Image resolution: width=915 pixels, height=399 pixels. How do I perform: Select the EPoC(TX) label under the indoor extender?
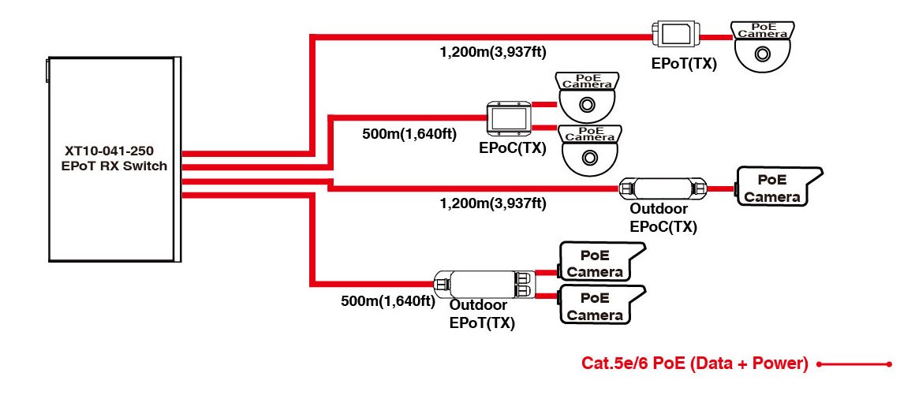pyautogui.click(x=512, y=147)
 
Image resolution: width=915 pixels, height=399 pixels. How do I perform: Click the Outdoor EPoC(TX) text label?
pyautogui.click(x=663, y=218)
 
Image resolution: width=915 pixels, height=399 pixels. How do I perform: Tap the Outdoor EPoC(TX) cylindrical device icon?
pyautogui.click(x=663, y=188)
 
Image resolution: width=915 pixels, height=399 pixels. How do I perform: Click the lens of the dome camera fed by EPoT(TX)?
pyautogui.click(x=762, y=54)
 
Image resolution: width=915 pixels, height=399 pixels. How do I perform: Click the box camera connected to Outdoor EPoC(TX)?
pyautogui.click(x=776, y=187)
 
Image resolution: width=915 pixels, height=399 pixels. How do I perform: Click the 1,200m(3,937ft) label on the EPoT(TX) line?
pyautogui.click(x=493, y=53)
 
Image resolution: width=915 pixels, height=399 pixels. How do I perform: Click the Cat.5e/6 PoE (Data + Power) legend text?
pyautogui.click(x=695, y=364)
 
